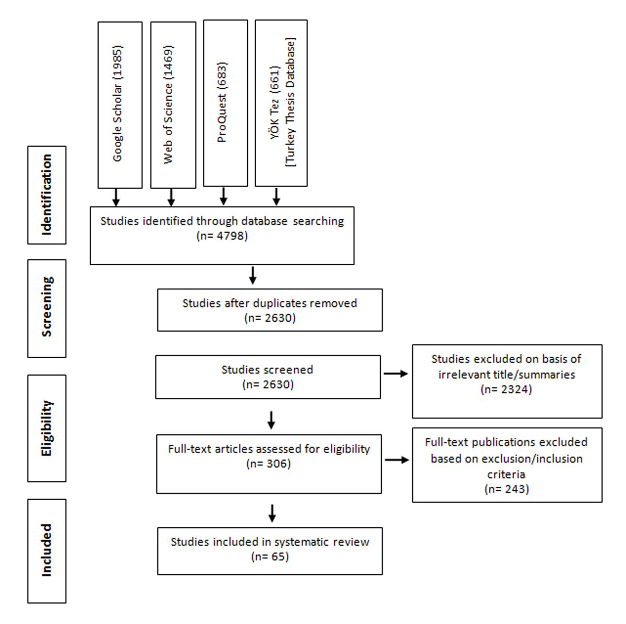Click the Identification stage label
47,195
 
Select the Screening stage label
47,307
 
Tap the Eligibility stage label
47,428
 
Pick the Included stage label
47,550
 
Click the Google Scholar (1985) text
117,103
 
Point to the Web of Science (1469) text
168,104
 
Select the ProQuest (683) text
222,102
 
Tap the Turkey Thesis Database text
290,103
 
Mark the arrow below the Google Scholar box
116,197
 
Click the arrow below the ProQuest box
223,196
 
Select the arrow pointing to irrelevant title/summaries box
396,374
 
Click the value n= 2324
507,389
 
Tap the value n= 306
269,463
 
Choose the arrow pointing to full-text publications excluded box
397,460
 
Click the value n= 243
507,489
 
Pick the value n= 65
270,556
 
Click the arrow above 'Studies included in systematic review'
272,513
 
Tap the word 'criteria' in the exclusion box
507,475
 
